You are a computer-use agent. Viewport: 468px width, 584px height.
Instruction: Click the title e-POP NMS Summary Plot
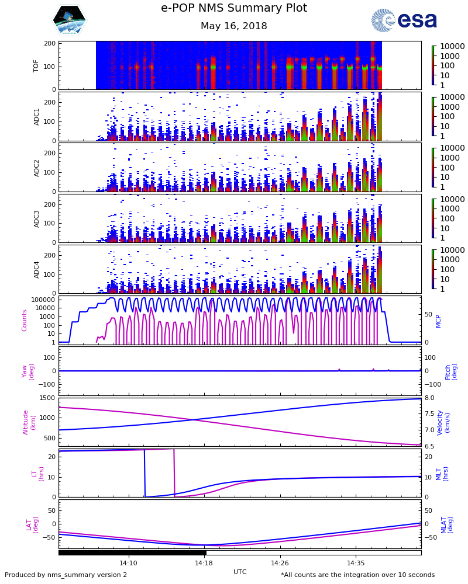click(x=234, y=8)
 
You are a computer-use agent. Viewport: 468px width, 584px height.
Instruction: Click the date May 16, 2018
click(x=234, y=26)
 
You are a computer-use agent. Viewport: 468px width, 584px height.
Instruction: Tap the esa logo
click(x=404, y=20)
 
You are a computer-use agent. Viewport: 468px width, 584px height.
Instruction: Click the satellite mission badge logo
click(x=69, y=20)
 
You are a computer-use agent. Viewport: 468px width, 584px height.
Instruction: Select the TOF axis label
click(x=36, y=65)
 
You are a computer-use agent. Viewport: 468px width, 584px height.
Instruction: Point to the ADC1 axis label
click(x=36, y=116)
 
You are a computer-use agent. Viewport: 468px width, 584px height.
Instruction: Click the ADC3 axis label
click(x=36, y=218)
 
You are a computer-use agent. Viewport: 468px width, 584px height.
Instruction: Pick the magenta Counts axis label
click(x=25, y=320)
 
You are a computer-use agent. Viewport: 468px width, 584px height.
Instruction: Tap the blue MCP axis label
click(x=438, y=320)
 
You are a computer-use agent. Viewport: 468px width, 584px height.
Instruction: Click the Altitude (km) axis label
click(x=29, y=422)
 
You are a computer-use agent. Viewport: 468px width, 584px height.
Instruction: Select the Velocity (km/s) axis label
click(x=444, y=422)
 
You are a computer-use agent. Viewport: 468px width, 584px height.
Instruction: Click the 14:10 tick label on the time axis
click(x=128, y=563)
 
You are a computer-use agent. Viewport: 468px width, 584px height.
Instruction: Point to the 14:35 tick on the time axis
click(x=356, y=563)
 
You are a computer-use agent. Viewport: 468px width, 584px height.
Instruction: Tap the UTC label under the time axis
click(x=240, y=572)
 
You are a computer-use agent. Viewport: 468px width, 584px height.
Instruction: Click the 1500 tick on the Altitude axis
click(x=47, y=398)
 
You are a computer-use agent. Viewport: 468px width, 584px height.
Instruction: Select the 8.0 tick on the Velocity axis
click(x=429, y=398)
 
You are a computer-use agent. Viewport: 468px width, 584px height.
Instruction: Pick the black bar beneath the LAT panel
click(x=132, y=552)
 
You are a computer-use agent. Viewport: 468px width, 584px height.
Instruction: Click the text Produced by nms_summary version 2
click(x=66, y=575)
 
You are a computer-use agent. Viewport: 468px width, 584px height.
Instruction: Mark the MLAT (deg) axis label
click(x=447, y=524)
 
